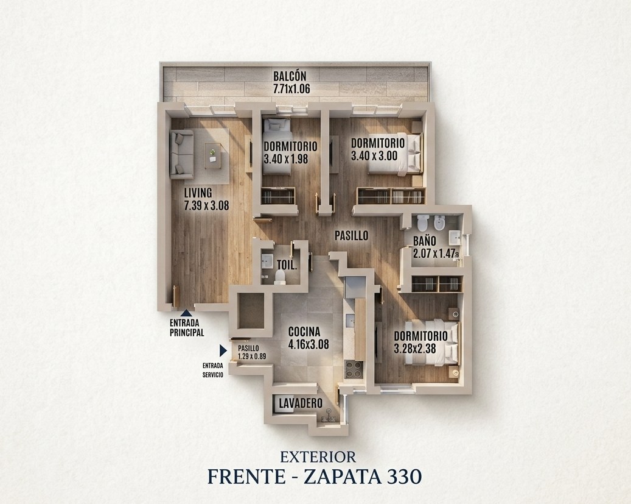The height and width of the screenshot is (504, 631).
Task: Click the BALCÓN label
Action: pos(290,76)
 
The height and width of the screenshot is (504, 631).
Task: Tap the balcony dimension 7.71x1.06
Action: pos(291,89)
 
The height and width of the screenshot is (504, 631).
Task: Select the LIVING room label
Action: pos(198,193)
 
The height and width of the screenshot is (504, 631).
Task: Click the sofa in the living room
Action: pos(182,154)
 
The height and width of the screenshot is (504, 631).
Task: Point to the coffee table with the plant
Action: pos(212,155)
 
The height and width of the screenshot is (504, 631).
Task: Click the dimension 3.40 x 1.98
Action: pos(286,159)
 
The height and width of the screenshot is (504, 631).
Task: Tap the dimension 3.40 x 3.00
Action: pos(374,156)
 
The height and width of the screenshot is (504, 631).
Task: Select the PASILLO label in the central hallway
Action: pos(352,235)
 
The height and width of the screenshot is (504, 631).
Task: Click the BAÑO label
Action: pos(425,241)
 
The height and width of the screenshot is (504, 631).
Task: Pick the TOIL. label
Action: pos(287,265)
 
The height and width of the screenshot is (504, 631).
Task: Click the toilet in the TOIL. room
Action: pos(280,277)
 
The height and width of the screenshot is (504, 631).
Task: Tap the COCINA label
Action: pos(304,332)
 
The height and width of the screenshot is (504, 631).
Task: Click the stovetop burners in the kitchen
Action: pos(354,369)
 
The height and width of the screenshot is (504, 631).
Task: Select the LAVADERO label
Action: pos(301,403)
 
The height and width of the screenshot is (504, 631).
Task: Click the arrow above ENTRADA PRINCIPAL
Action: pos(186,313)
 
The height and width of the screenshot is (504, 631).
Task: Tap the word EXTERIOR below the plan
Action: pos(318,457)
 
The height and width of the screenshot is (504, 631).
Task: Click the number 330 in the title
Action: pos(404,476)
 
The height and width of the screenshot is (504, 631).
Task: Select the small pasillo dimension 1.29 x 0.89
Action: pos(252,357)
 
